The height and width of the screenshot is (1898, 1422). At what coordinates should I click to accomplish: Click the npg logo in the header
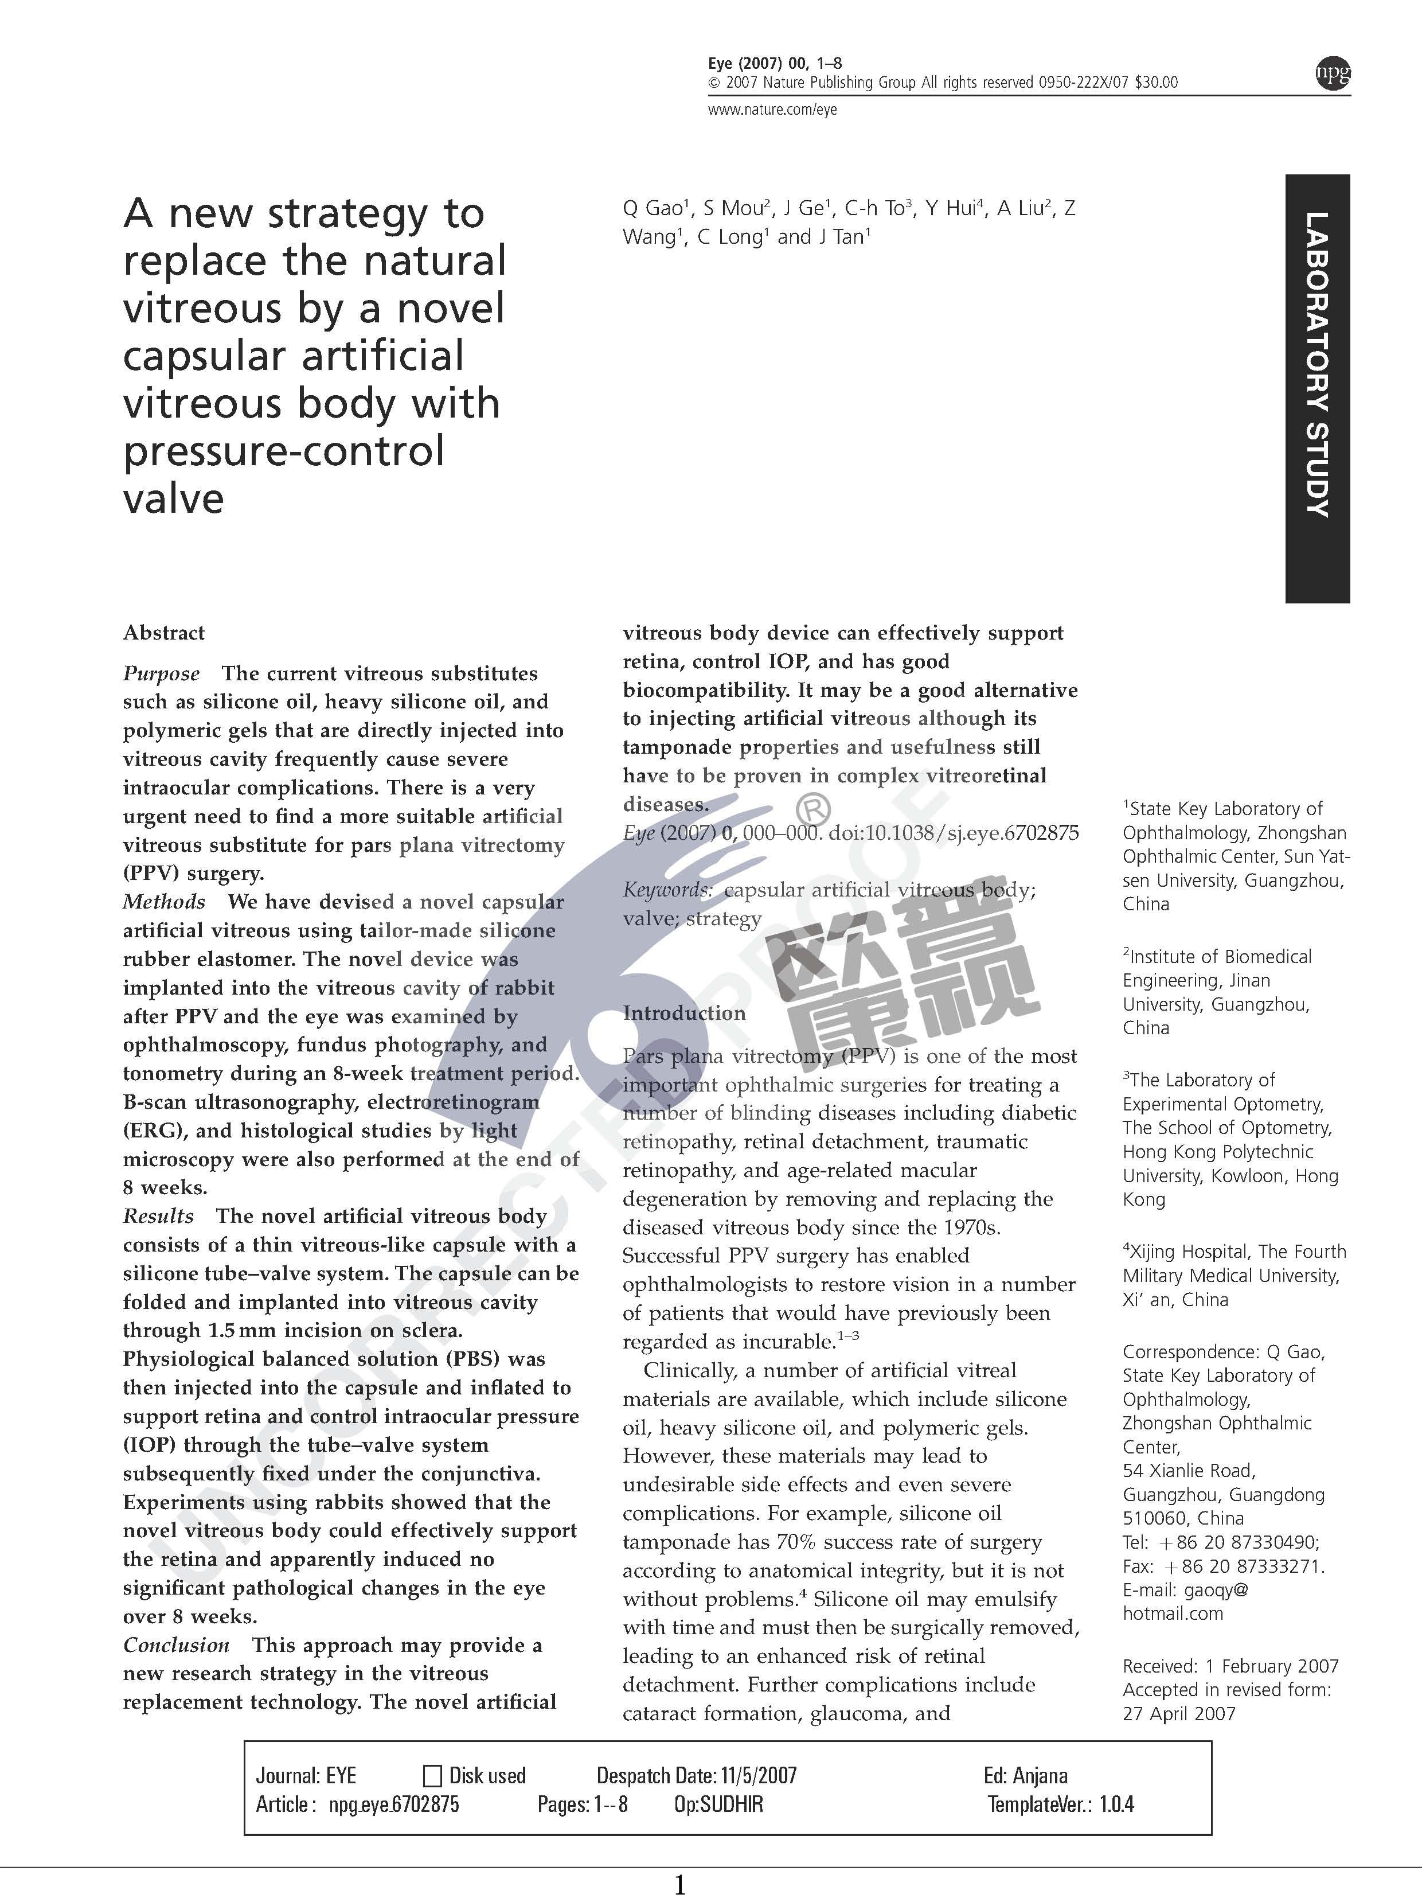click(x=1332, y=74)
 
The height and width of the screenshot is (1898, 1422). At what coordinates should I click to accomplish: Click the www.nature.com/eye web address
click(x=772, y=109)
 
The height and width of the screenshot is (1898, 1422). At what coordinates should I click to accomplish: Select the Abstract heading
click(x=164, y=633)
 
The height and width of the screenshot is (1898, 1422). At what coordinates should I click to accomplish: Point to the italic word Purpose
click(x=161, y=673)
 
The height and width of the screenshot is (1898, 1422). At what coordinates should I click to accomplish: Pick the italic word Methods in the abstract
click(x=164, y=902)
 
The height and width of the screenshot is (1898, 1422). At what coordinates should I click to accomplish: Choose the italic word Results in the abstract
click(x=159, y=1216)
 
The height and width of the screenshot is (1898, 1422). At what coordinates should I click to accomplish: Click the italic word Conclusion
click(x=176, y=1645)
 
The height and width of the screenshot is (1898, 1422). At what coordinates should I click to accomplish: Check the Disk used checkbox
click(x=433, y=1775)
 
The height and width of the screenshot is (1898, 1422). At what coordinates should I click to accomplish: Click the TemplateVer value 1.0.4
click(x=1117, y=1805)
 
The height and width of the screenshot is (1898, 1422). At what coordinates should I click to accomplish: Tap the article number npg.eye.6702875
click(x=394, y=1805)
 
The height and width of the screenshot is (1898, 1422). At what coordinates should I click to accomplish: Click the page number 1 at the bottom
click(x=680, y=1884)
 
